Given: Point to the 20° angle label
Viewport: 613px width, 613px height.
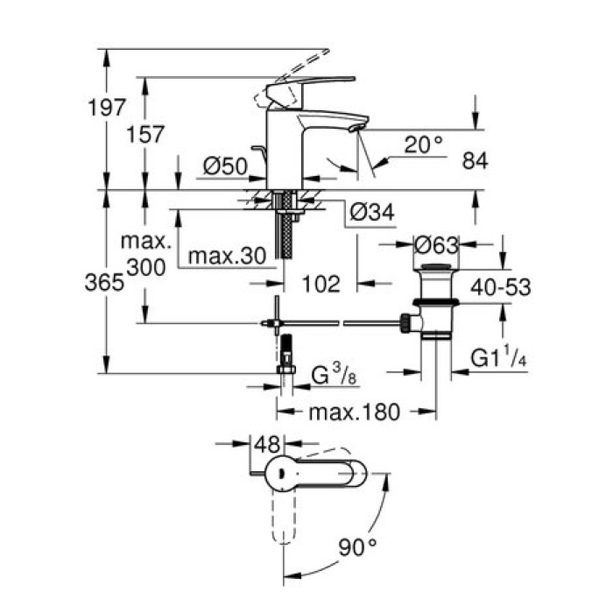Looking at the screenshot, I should click(x=423, y=144).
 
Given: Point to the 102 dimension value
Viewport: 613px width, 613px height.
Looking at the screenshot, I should click(x=322, y=284).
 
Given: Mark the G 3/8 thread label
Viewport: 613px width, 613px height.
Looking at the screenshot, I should click(x=335, y=375).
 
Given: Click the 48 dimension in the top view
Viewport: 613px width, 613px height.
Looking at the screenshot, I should click(x=266, y=444).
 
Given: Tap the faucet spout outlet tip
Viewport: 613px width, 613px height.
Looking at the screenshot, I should click(x=354, y=128).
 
